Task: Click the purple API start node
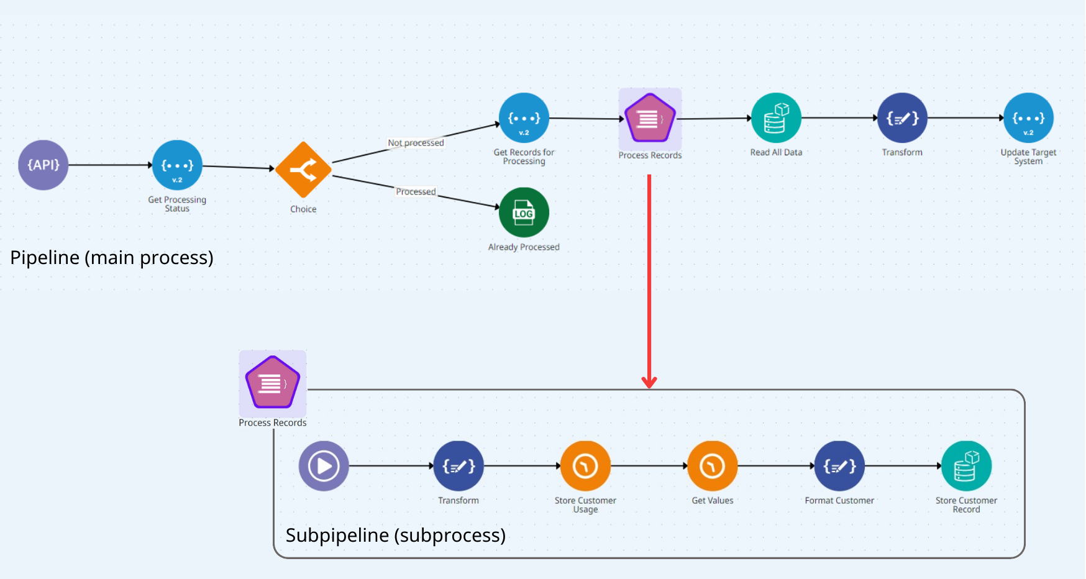[x=43, y=165]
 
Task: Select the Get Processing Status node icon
[x=177, y=165]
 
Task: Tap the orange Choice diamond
[x=303, y=170]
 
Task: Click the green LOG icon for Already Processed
[x=524, y=212]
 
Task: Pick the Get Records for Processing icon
[x=524, y=118]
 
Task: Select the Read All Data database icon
[x=776, y=118]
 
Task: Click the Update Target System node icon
[x=1028, y=118]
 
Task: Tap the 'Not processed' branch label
[x=416, y=143]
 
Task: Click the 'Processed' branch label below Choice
[x=416, y=191]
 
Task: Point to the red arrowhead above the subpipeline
[x=649, y=382]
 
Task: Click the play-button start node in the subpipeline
[x=324, y=466]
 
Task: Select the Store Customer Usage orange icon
[x=585, y=466]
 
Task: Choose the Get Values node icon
[x=713, y=466]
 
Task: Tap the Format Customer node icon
[x=839, y=466]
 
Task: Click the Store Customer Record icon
[x=966, y=466]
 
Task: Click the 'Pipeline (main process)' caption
[x=112, y=257]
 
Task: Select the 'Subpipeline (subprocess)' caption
[x=396, y=535]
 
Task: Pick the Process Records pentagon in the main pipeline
[x=650, y=118]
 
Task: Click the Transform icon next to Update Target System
[x=902, y=118]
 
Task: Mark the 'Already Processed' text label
[x=524, y=247]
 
